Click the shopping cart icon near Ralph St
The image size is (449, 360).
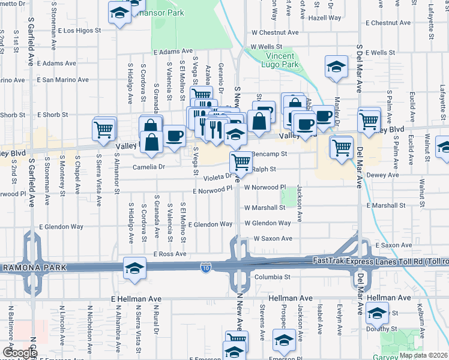241,160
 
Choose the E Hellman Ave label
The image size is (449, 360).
137,298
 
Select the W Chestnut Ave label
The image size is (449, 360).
275,32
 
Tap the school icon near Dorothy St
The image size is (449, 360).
377,313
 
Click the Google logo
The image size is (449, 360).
19,353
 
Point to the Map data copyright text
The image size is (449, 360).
423,355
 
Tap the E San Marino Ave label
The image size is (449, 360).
62,79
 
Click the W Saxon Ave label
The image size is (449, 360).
273,238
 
